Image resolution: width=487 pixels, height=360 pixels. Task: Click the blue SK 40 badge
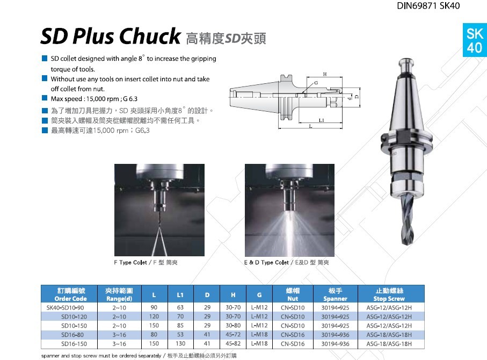pos(475,40)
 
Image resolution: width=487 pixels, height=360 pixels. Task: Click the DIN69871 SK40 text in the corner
pos(428,5)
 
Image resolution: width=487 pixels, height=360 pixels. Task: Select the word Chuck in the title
pos(150,36)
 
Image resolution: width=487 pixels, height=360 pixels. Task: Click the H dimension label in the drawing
pos(325,74)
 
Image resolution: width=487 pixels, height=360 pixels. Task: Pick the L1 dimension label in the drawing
pos(322,120)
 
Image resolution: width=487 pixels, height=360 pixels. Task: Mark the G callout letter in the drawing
pos(316,83)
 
